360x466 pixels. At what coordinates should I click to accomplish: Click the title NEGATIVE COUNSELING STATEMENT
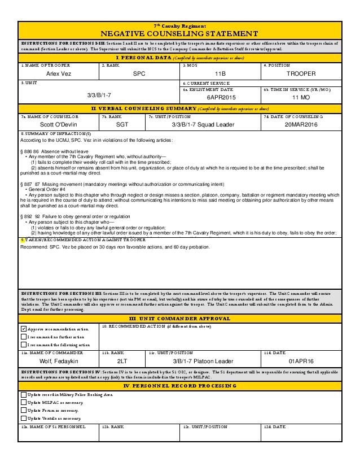click(x=180, y=33)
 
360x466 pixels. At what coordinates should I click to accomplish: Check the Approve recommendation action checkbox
click(x=23, y=328)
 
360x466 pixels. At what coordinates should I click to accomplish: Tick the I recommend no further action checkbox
click(x=23, y=337)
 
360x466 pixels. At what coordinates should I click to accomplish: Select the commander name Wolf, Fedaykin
click(x=59, y=360)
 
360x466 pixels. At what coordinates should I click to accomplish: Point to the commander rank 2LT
click(x=122, y=360)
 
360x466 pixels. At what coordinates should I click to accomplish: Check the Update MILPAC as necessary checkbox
click(x=23, y=402)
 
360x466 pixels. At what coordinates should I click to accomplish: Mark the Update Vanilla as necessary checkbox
click(x=23, y=419)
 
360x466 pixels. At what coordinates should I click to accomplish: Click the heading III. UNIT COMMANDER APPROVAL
click(x=180, y=319)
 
